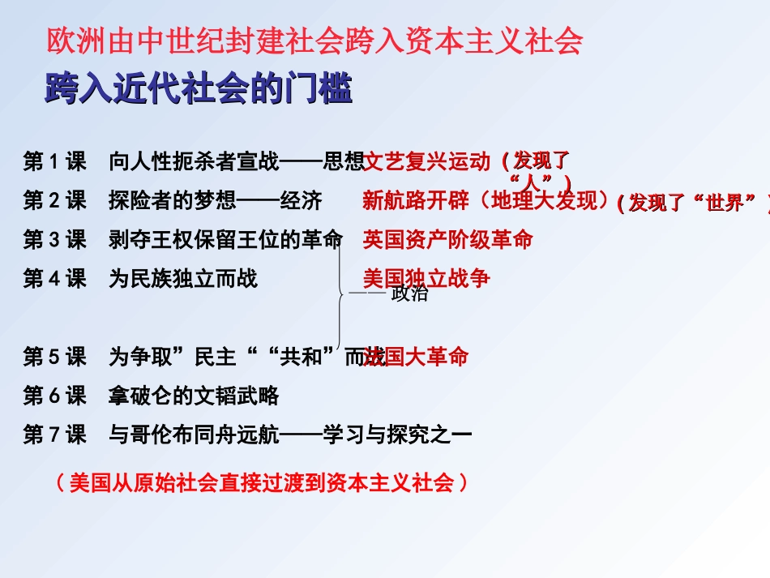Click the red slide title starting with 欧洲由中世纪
[315, 41]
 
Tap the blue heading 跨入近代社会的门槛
[199, 89]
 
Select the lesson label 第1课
[54, 162]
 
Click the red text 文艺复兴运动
[427, 162]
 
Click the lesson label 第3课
[54, 240]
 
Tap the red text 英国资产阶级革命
[447, 240]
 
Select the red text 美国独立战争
[426, 279]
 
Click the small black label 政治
[409, 294]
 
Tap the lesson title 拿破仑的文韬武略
[194, 396]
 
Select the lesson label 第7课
[54, 435]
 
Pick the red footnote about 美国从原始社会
[261, 484]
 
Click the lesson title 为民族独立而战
[183, 279]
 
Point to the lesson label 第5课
[54, 357]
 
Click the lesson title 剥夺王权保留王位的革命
[225, 240]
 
